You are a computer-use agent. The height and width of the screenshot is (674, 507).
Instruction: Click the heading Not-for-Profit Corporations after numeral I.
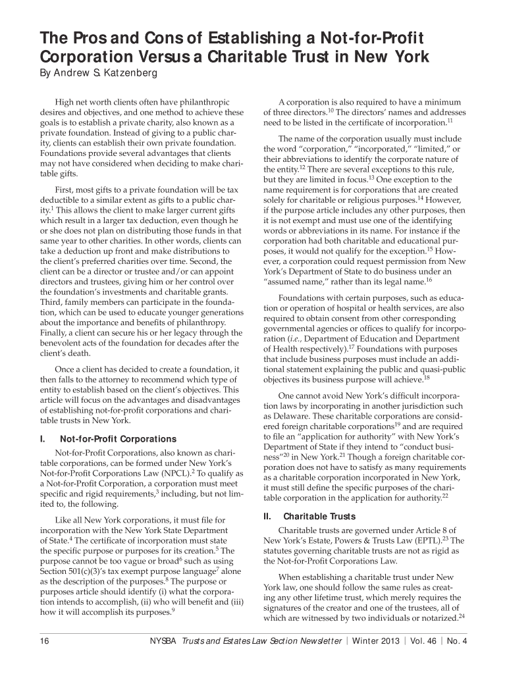[118, 438]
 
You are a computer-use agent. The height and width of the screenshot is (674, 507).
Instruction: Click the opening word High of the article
[66, 103]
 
